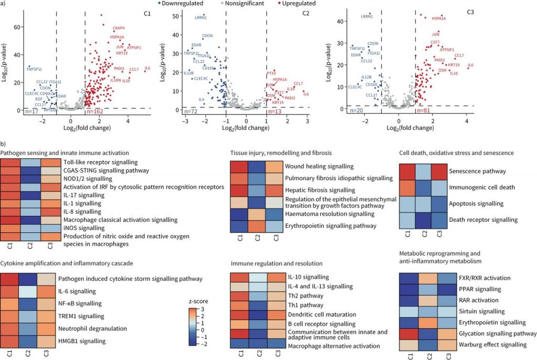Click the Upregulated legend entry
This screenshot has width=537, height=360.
[297, 4]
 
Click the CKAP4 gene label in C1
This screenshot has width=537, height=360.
[119, 27]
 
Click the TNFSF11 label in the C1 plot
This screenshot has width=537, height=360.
[34, 69]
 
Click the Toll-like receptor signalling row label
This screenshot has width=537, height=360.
[100, 162]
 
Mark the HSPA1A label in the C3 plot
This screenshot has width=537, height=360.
[439, 19]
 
